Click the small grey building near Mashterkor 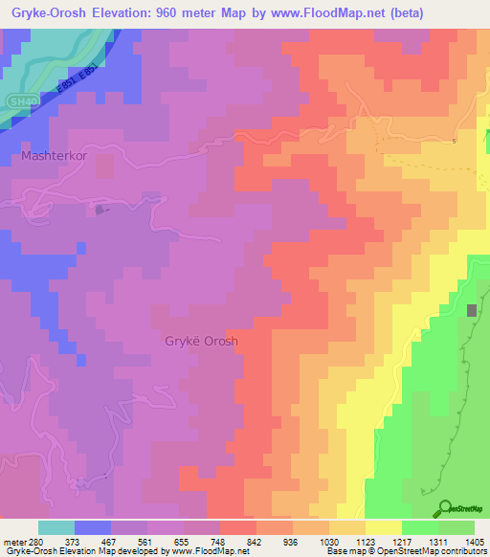click(100, 208)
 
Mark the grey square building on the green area click(472, 311)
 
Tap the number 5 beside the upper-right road click(454, 142)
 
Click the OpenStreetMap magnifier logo click(444, 507)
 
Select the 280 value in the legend click(28, 541)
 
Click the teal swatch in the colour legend click(56, 527)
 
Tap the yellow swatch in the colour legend click(383, 527)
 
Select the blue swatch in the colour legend click(93, 527)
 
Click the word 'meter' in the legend click(11, 541)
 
